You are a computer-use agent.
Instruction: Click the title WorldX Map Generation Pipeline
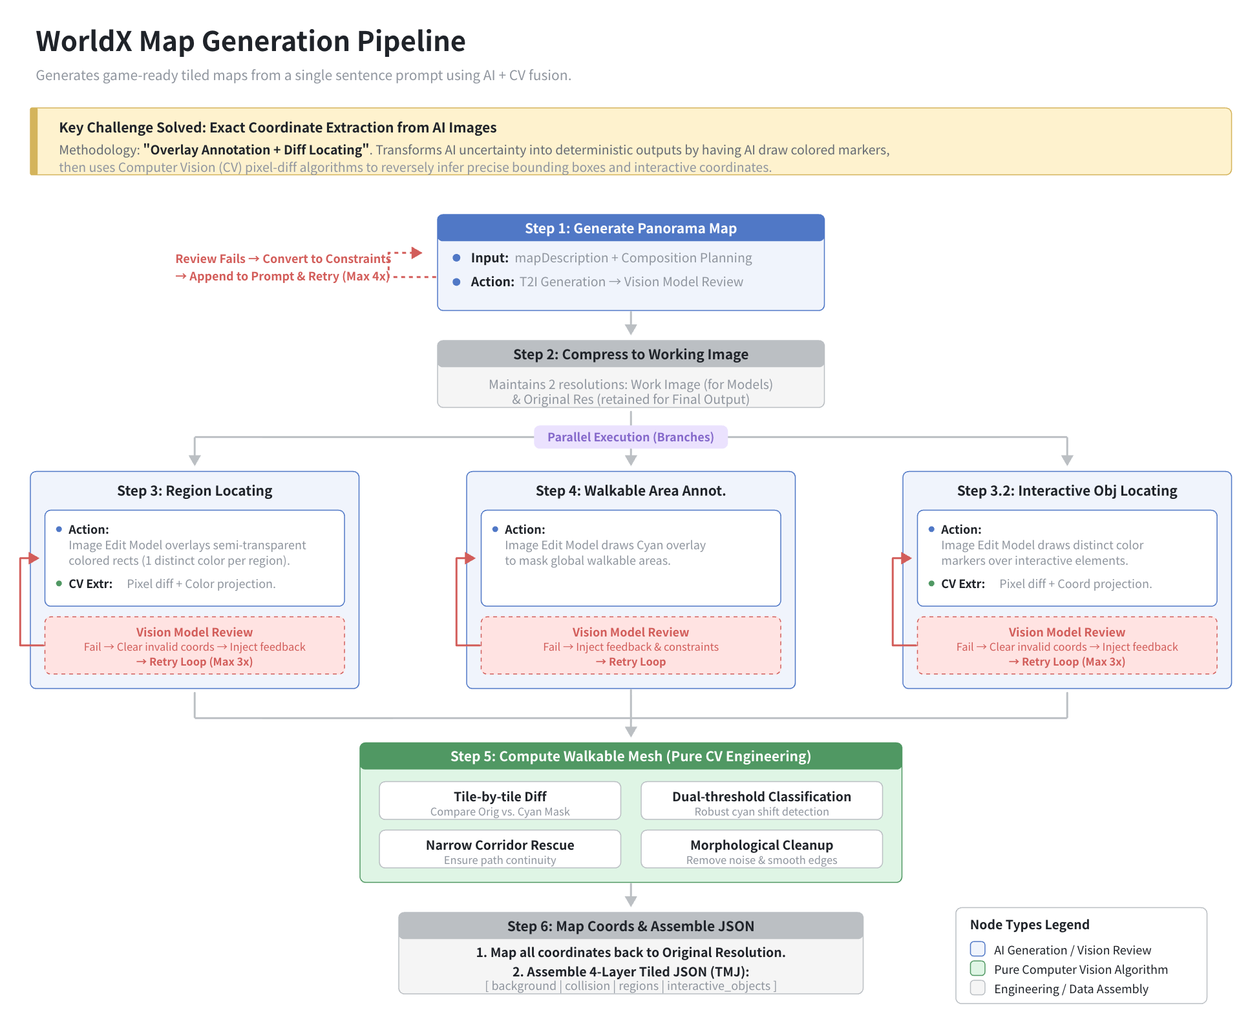point(251,41)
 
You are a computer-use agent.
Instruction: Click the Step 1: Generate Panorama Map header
point(631,228)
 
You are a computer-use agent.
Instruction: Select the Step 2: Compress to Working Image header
point(631,354)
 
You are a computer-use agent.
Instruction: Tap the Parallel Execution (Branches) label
point(631,437)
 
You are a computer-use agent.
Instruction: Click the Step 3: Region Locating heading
point(195,490)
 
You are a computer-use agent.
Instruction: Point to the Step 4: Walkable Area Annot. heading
point(631,490)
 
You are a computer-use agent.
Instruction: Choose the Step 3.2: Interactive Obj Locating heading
point(1067,490)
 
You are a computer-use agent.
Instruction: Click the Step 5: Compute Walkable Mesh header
point(631,756)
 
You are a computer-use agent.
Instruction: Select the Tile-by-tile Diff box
point(500,801)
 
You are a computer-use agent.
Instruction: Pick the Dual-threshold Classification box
point(761,801)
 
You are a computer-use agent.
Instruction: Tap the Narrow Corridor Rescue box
point(500,849)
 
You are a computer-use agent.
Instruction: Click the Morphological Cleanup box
point(761,849)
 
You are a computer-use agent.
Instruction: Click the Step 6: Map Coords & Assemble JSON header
point(631,926)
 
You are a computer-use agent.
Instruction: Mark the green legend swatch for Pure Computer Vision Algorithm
point(978,969)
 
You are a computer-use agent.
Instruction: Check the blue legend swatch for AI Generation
point(978,949)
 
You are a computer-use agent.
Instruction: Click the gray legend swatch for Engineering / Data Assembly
point(978,988)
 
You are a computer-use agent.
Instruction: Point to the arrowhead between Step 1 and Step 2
point(631,329)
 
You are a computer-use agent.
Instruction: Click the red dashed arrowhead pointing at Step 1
point(417,253)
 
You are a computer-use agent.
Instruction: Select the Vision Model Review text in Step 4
point(631,632)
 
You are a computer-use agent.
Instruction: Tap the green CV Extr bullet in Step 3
point(59,584)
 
